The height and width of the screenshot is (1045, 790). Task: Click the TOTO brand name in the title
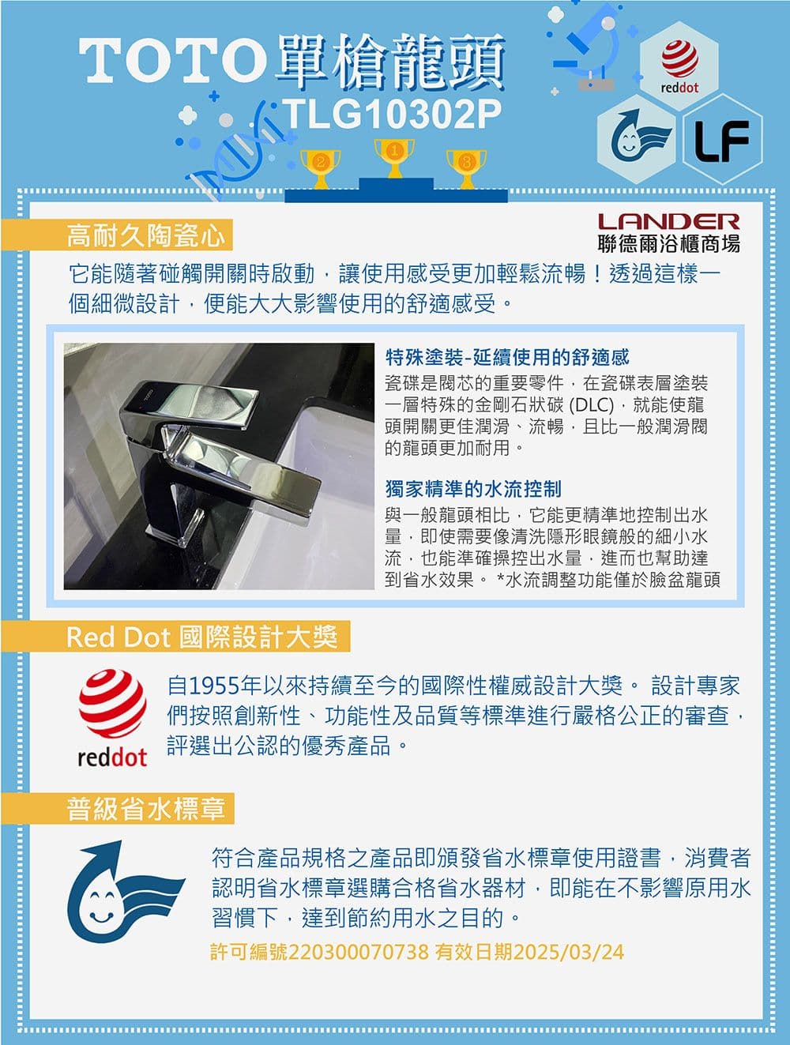pos(172,61)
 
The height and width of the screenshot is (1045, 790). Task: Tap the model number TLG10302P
pos(392,114)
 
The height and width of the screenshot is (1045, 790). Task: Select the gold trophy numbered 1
pos(394,158)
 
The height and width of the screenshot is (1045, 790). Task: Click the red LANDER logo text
pos(668,221)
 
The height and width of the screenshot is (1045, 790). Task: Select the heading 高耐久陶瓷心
pos(145,235)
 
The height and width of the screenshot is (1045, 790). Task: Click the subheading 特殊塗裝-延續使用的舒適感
pos(506,357)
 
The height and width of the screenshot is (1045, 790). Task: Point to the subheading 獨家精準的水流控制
pos(473,488)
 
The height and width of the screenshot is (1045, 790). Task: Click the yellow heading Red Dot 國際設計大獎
pos(202,637)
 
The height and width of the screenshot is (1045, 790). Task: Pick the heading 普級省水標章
pos(145,810)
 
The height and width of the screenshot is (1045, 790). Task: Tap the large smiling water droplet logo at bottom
pos(125,892)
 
